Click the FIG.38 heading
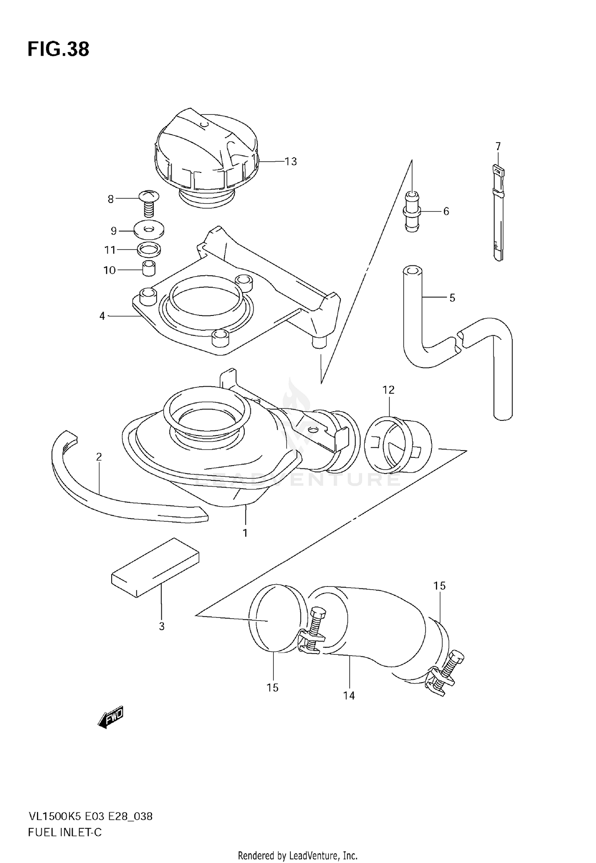pos(58,49)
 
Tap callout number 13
pos(291,162)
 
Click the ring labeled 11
pos(149,250)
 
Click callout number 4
pos(102,316)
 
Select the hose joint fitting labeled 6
pos(412,212)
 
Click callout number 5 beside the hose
pos(452,298)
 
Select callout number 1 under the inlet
pos(245,533)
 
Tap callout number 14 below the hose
pos(349,695)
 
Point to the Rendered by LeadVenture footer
pos(298,852)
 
